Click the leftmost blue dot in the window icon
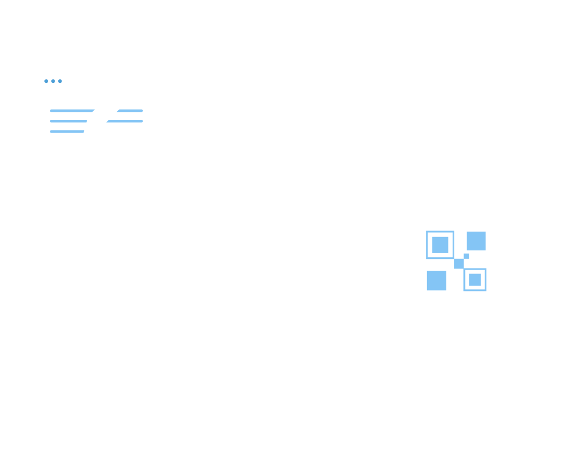tap(47, 81)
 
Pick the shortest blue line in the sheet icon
tap(67, 131)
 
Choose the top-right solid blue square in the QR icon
tap(476, 241)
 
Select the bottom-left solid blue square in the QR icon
tap(437, 280)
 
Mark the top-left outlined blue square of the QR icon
tap(440, 244)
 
